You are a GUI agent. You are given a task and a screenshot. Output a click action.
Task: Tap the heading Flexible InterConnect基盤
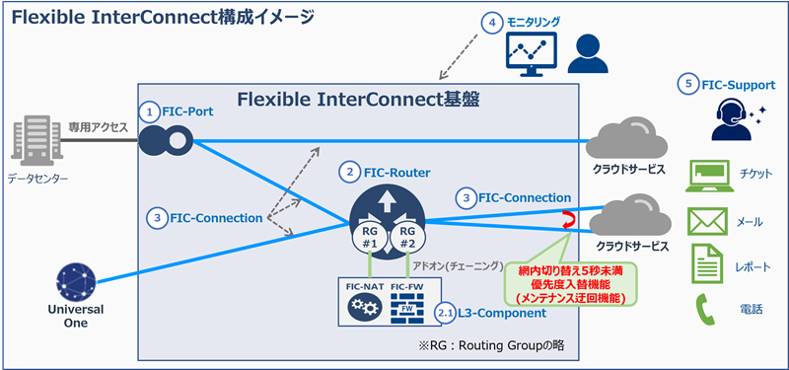[355, 101]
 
